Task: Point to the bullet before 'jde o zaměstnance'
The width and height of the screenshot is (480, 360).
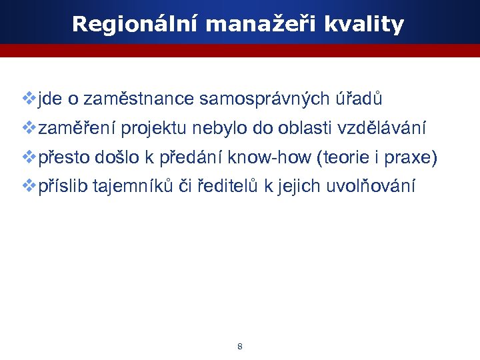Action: tap(29, 99)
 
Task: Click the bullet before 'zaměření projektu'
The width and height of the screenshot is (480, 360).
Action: tap(29, 127)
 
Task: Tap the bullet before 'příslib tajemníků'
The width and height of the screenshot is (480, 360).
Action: tap(29, 185)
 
